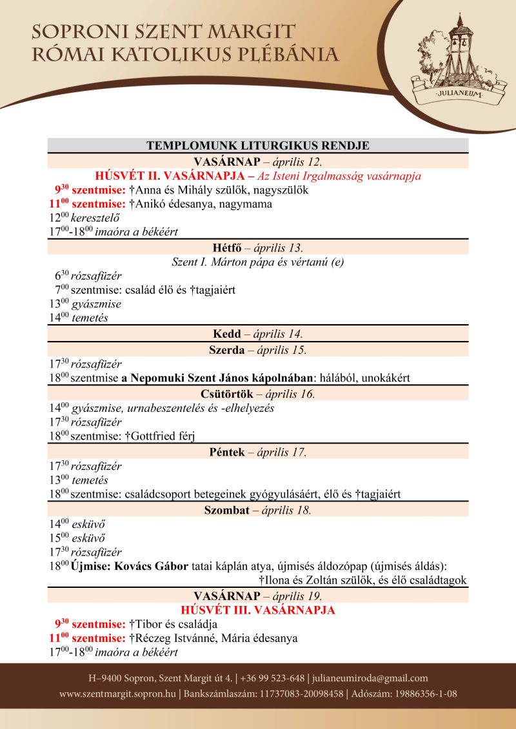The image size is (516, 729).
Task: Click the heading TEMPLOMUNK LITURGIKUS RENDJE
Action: pyautogui.click(x=258, y=146)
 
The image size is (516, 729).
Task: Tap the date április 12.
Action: pyautogui.click(x=296, y=160)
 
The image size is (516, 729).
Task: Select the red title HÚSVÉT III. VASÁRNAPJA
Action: pyautogui.click(x=258, y=610)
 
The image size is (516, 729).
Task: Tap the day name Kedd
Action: pyautogui.click(x=226, y=334)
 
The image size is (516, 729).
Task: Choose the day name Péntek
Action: pyautogui.click(x=227, y=452)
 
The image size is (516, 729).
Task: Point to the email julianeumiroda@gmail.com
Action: pyautogui.click(x=371, y=678)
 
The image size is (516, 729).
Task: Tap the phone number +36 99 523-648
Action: pyautogui.click(x=273, y=678)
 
